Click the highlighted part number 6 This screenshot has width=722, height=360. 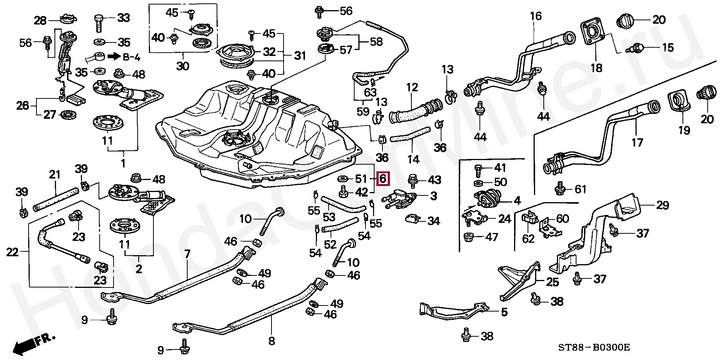point(383,179)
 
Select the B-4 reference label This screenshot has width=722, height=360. point(124,57)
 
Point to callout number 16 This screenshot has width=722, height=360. point(536,16)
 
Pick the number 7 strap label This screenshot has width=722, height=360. point(187,254)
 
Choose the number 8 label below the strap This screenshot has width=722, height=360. point(272,341)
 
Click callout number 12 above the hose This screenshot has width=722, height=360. point(412,88)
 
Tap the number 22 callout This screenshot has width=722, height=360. point(12,252)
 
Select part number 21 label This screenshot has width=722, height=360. point(55,175)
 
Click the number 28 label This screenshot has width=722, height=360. point(40,20)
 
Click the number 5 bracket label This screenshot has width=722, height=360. point(504,312)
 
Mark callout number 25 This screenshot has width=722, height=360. point(552,282)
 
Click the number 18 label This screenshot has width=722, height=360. point(596,68)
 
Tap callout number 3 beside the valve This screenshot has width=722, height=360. point(434,196)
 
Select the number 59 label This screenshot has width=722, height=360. point(363,112)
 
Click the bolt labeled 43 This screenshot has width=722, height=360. point(413,180)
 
